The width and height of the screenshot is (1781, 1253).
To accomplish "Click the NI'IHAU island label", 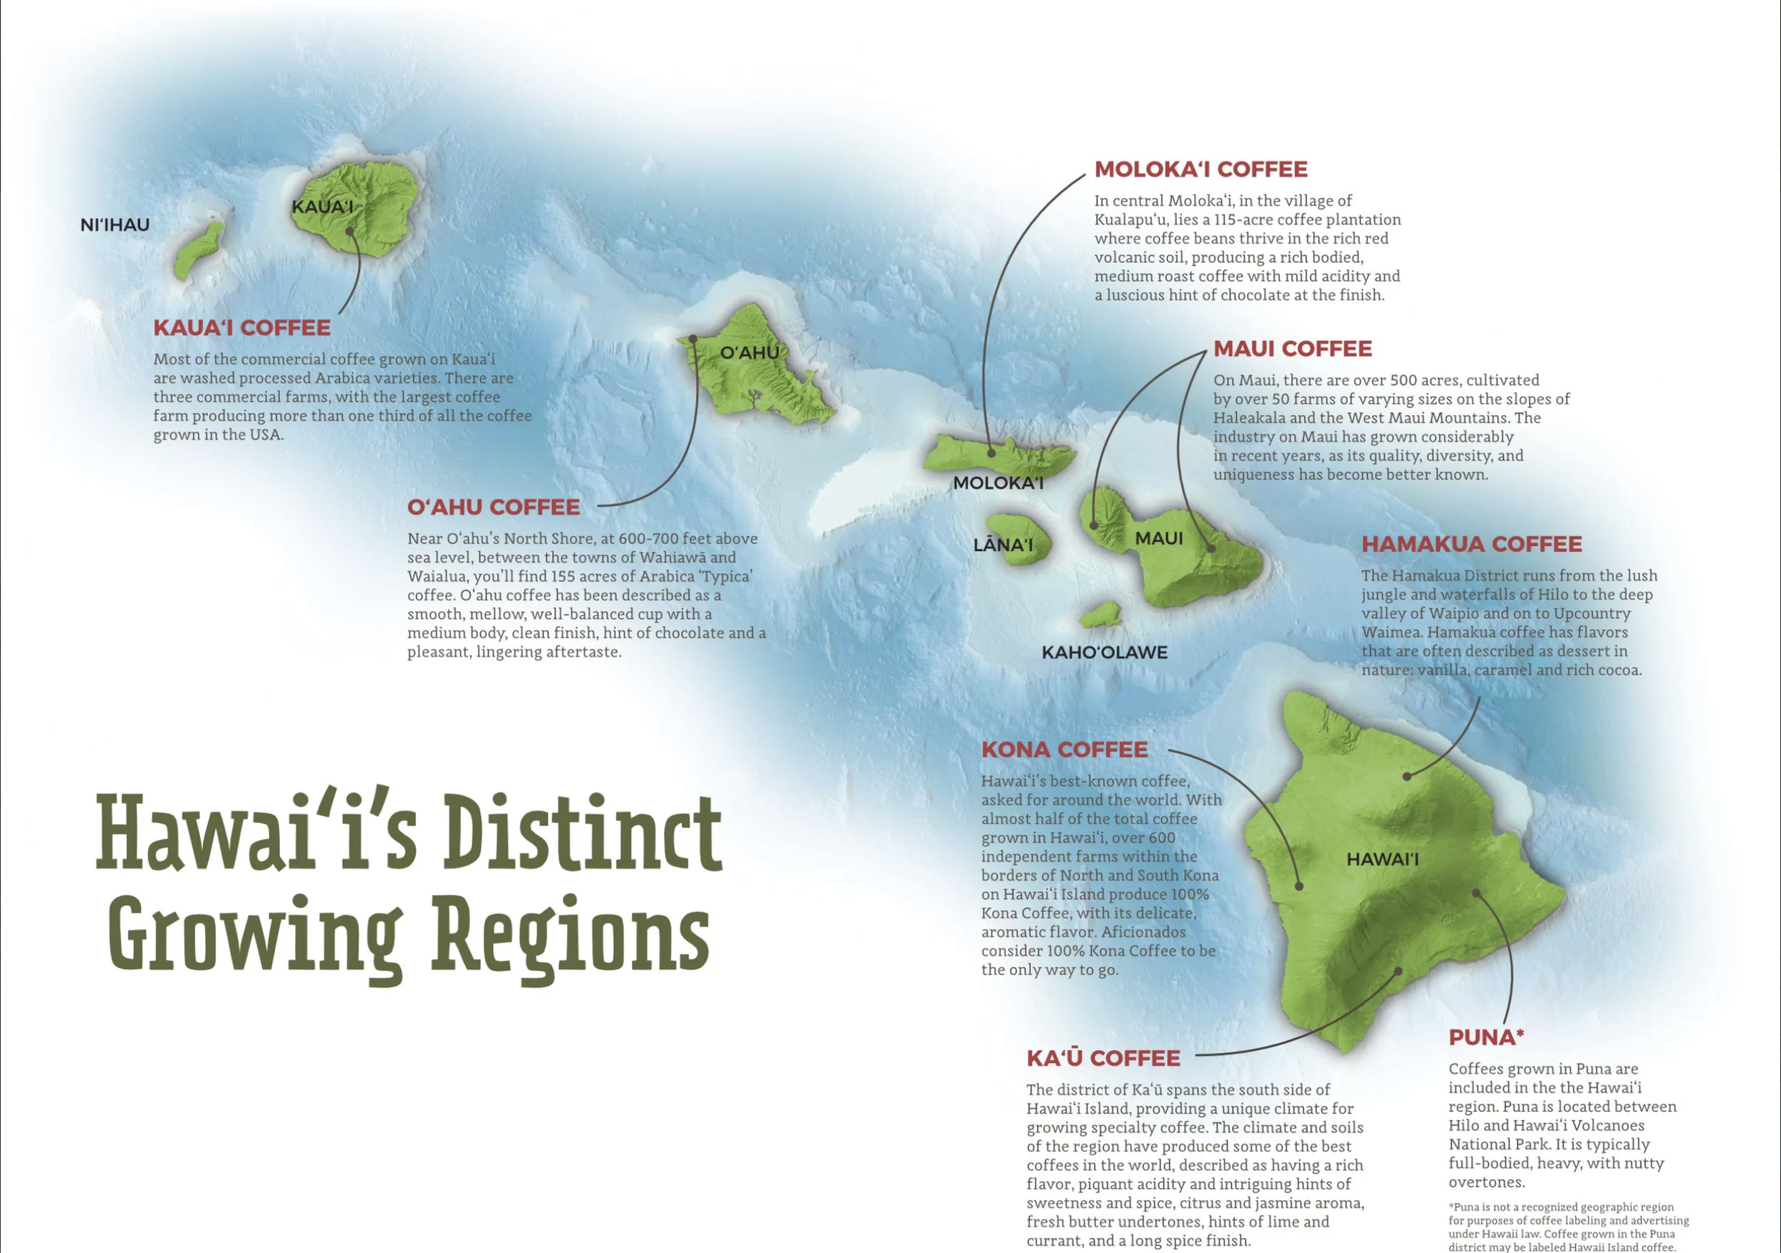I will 115,225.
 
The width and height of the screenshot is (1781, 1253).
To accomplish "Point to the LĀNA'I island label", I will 1003,545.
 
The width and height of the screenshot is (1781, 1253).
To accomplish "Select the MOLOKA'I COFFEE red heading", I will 1201,169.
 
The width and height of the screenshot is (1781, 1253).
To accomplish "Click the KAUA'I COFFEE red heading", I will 242,328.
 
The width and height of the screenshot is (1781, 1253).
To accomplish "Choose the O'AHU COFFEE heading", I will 494,507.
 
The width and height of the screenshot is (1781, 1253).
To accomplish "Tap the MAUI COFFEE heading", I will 1292,349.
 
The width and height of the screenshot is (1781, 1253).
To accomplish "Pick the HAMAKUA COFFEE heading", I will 1472,545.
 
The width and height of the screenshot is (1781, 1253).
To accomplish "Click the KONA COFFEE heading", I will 1064,750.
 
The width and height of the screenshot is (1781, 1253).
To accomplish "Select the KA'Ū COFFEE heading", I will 1103,1059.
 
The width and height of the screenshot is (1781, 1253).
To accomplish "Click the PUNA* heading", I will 1486,1037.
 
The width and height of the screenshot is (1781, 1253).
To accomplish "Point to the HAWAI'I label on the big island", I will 1382,859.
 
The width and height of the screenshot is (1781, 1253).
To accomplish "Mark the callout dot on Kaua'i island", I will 350,231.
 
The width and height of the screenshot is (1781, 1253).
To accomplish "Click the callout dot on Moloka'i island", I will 990,453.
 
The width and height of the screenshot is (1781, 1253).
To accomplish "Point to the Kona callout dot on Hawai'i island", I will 1299,886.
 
